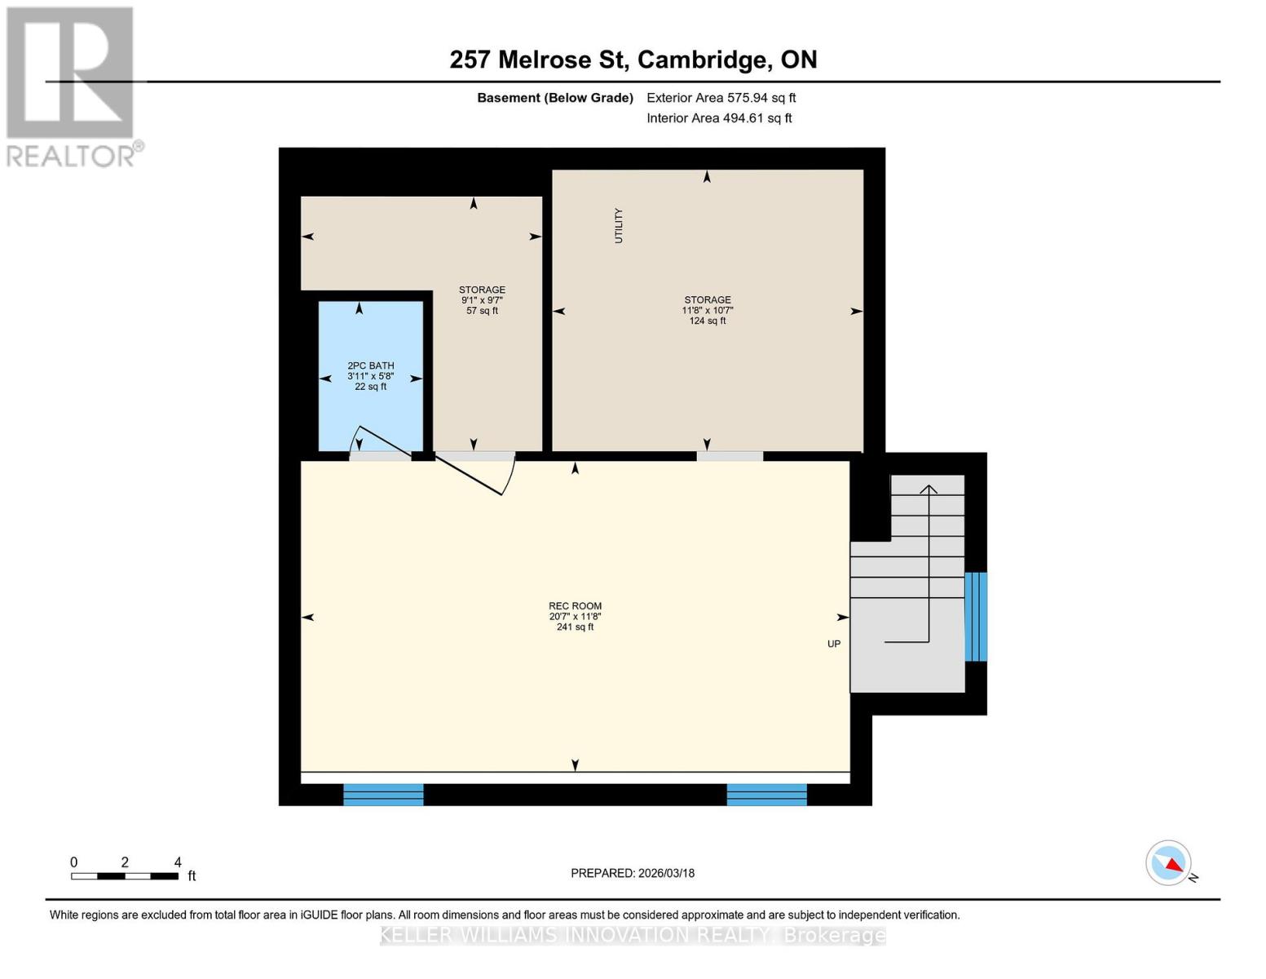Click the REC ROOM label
tap(575, 606)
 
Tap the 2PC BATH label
tap(370, 366)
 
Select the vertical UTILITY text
tap(619, 225)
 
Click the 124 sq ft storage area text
tap(707, 321)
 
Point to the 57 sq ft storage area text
tap(482, 311)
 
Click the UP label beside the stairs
tap(833, 644)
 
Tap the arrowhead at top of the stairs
tap(929, 489)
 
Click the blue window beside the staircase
tap(975, 616)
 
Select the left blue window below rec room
tap(383, 795)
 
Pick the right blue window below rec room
tap(766, 795)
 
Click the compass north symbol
tap(1170, 863)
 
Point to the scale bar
tap(125, 876)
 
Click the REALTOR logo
tap(72, 86)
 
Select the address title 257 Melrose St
tap(633, 60)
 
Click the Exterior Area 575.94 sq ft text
tap(721, 98)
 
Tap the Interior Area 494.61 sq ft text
tap(719, 118)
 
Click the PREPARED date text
tap(632, 873)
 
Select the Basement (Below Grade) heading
tap(554, 98)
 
